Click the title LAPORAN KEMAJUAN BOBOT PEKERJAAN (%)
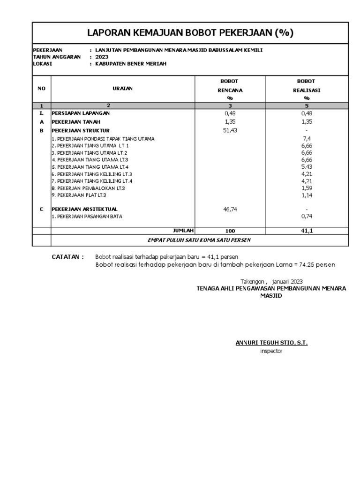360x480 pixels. pyautogui.click(x=190, y=33)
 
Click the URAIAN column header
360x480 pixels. pyautogui.click(x=122, y=89)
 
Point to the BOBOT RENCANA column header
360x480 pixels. pyautogui.click(x=230, y=90)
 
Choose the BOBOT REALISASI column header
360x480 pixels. pyautogui.click(x=307, y=90)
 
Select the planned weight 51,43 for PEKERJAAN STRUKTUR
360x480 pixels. pyautogui.click(x=230, y=130)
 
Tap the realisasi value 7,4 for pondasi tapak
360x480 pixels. pyautogui.click(x=307, y=139)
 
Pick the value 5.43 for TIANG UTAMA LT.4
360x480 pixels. pyautogui.click(x=307, y=167)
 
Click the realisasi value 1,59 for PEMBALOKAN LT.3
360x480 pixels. pyautogui.click(x=307, y=188)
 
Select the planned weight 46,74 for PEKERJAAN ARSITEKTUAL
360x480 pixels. pyautogui.click(x=230, y=209)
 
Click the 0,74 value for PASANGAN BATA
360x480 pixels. pyautogui.click(x=307, y=216)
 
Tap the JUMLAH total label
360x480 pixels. pyautogui.click(x=183, y=230)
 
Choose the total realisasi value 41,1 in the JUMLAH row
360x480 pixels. pyautogui.click(x=307, y=231)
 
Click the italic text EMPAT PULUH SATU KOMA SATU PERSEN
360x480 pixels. pyautogui.click(x=199, y=240)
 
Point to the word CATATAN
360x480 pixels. pyautogui.click(x=67, y=257)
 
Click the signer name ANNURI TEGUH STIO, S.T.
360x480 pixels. pyautogui.click(x=271, y=343)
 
